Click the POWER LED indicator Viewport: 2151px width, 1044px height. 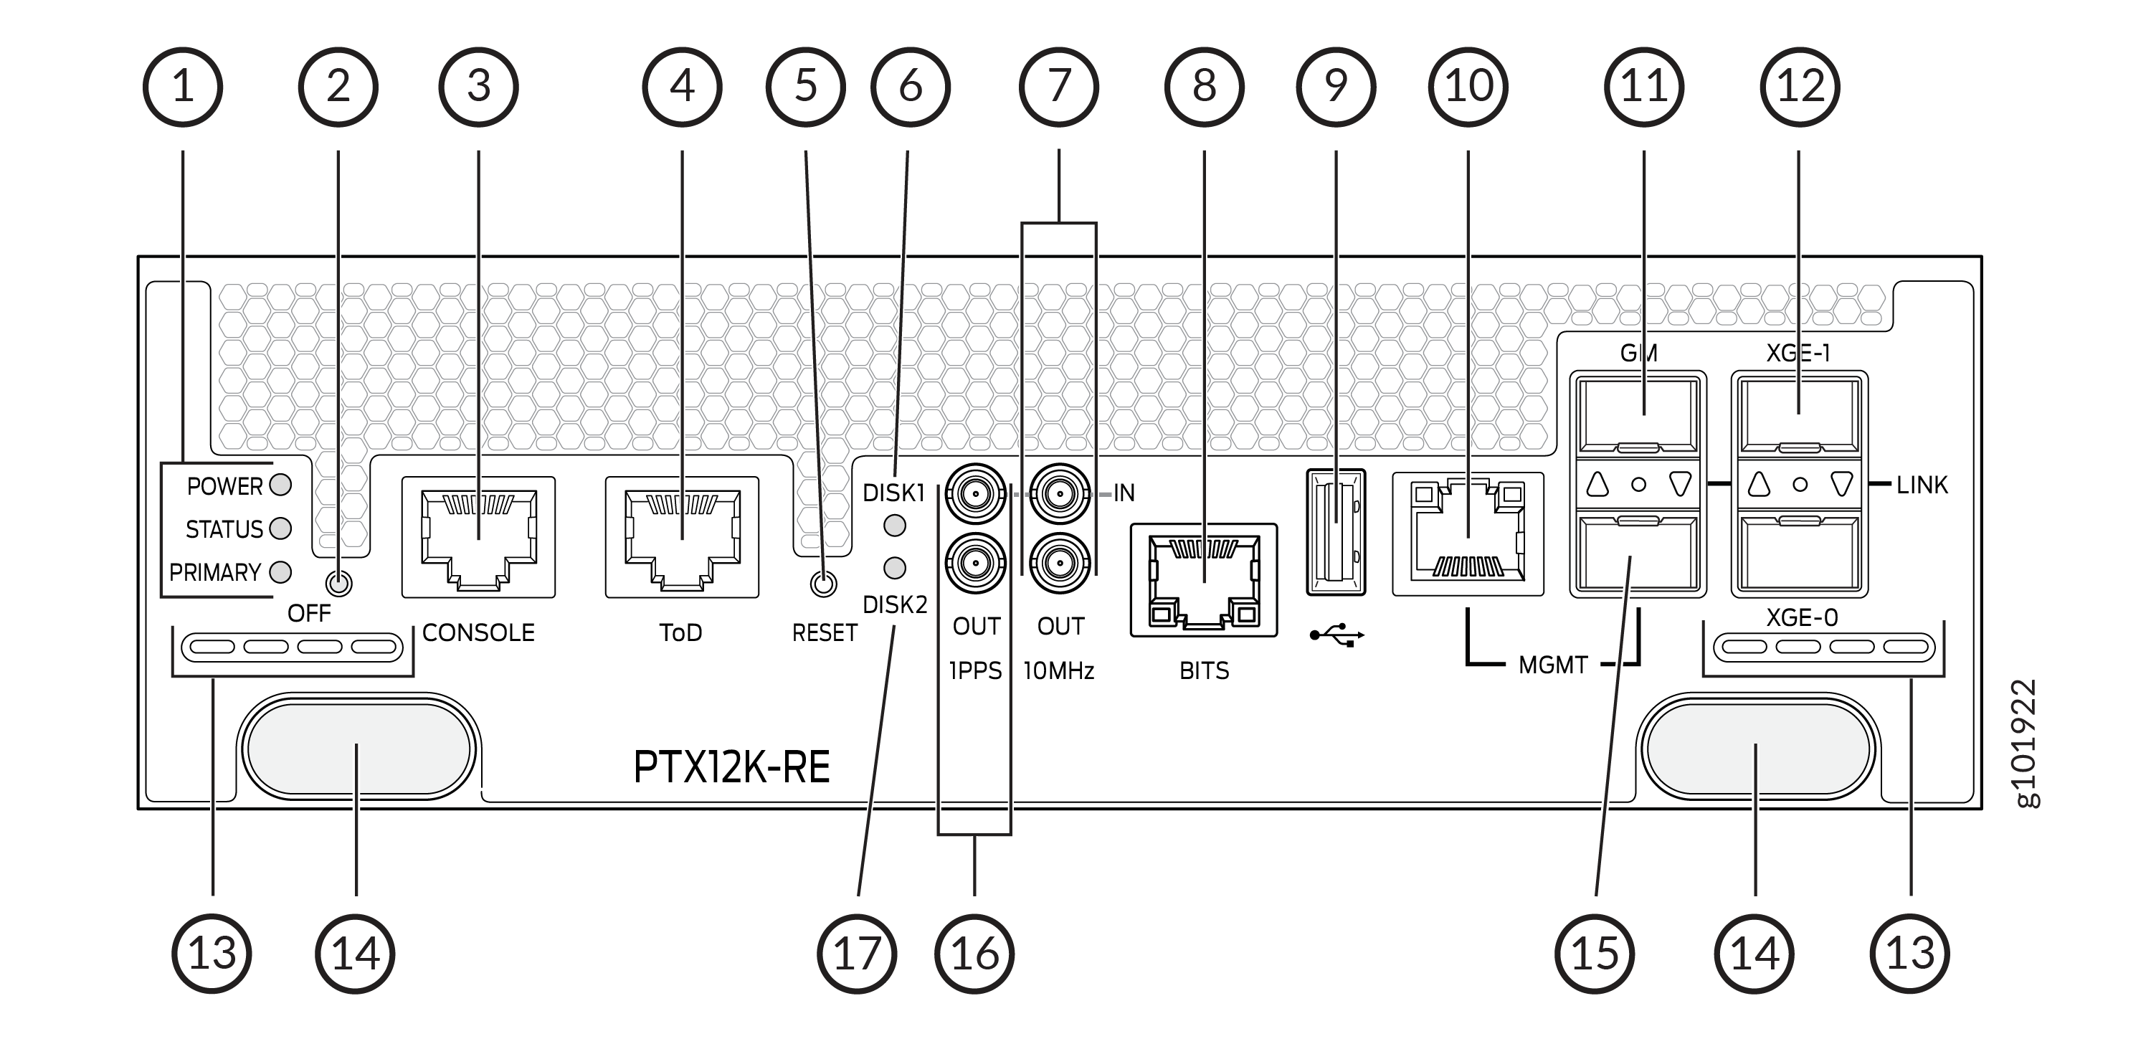coord(280,485)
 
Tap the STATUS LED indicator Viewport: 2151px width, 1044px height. coord(280,528)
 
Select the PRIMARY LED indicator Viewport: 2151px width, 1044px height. coord(280,572)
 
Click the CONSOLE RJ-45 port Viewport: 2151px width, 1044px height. coord(478,537)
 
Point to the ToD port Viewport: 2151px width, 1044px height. coord(682,537)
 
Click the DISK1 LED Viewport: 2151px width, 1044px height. coord(894,526)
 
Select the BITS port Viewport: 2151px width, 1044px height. coord(1203,581)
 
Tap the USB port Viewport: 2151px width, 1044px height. coord(1336,532)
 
